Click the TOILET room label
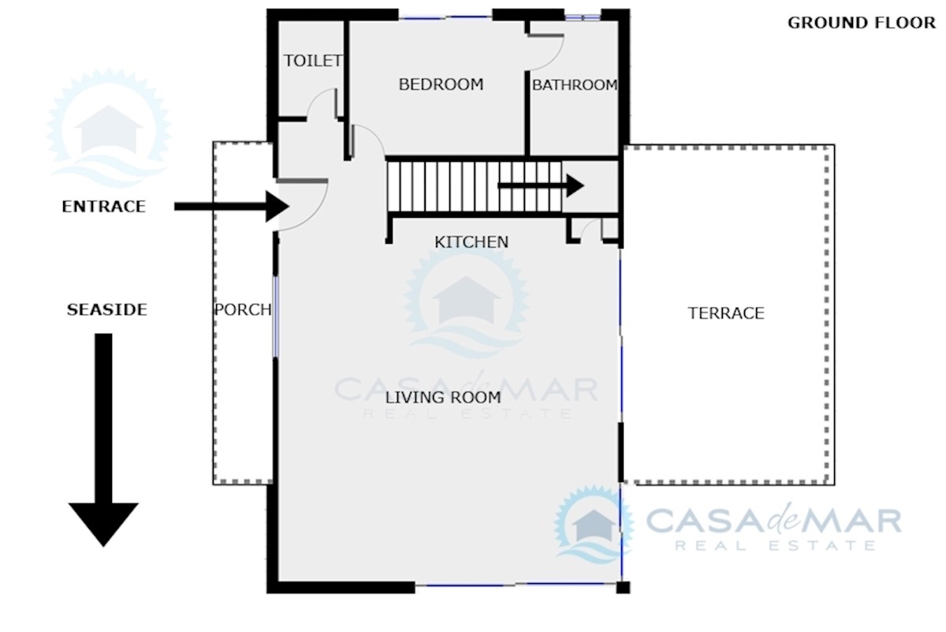pos(312,61)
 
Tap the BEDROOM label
pos(441,84)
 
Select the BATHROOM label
pos(575,85)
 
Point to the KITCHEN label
pos(471,241)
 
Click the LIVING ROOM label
pos(443,398)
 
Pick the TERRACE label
pos(726,313)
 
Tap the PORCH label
pos(243,310)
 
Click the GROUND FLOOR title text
pos(861,23)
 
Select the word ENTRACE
pos(104,206)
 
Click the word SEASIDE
pos(107,309)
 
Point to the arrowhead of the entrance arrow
pos(277,206)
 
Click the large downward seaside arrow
pos(103,439)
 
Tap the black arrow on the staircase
pos(541,185)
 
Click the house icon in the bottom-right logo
pos(594,526)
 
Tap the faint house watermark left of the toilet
pos(110,129)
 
